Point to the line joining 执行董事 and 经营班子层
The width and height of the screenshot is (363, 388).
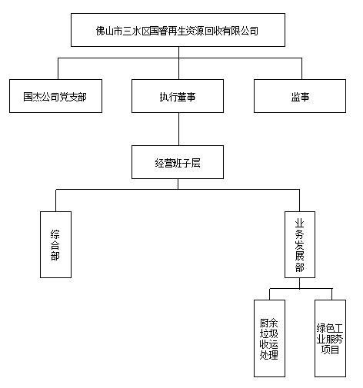click(x=178, y=129)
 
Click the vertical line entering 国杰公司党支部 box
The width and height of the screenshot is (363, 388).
click(x=58, y=68)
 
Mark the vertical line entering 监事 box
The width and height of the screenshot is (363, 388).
click(x=301, y=68)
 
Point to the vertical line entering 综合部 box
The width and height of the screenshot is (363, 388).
click(x=56, y=201)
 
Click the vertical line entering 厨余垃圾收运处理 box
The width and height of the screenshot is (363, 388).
click(x=269, y=294)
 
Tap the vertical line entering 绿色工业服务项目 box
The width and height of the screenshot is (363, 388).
click(x=332, y=294)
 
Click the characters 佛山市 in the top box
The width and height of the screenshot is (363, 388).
click(x=109, y=31)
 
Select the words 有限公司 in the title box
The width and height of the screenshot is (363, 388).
click(x=240, y=31)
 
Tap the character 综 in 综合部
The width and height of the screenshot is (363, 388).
click(x=55, y=234)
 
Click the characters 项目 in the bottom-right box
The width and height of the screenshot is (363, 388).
click(x=330, y=350)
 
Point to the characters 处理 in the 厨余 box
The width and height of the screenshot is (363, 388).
click(x=269, y=355)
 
